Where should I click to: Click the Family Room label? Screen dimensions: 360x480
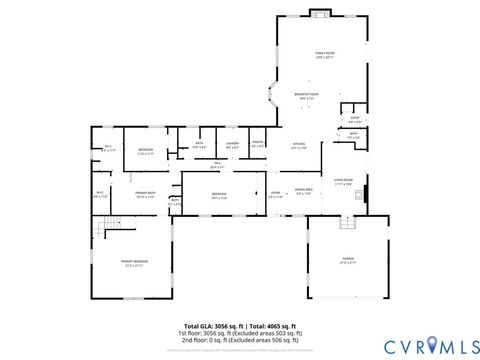[324, 54]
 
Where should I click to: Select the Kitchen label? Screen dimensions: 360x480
[298, 145]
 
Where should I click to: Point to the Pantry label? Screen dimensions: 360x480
[257, 144]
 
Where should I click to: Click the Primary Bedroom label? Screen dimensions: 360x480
[134, 264]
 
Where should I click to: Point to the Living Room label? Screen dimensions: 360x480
[344, 182]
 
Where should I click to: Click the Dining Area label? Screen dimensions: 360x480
[303, 193]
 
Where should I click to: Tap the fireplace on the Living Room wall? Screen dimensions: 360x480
[366, 194]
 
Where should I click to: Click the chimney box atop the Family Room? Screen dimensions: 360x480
[319, 13]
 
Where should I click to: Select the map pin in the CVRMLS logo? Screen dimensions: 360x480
[433, 345]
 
